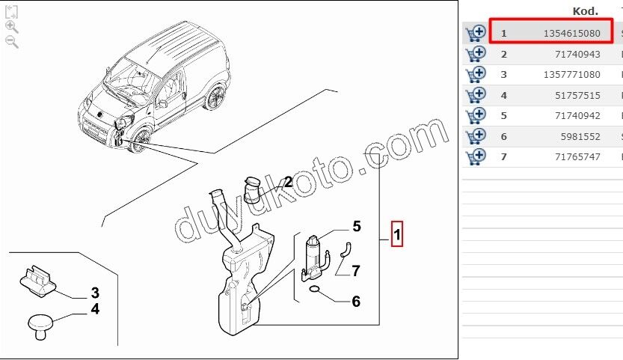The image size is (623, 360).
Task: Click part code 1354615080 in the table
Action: point(568,34)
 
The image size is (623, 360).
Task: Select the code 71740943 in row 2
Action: point(579,54)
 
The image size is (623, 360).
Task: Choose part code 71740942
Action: point(579,116)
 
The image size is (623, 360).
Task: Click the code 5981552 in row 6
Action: point(582,136)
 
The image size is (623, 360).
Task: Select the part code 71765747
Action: point(579,157)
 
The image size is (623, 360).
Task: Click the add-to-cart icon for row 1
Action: point(475,34)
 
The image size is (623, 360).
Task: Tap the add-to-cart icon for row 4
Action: point(475,95)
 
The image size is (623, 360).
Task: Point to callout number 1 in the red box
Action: point(398,237)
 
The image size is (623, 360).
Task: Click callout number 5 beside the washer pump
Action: point(357,226)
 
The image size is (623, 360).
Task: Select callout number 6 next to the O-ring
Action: point(356,302)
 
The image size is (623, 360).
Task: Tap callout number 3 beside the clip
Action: point(95,293)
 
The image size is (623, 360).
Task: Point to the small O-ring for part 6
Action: point(316,290)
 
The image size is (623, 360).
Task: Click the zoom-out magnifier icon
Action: point(12,42)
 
